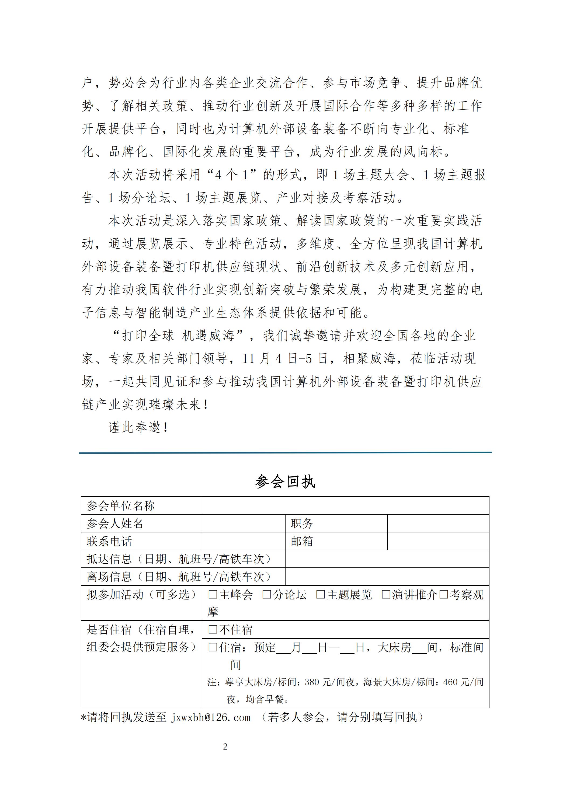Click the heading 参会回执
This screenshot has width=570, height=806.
(285, 481)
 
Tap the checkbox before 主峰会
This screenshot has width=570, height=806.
(213, 595)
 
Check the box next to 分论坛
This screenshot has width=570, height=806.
(267, 595)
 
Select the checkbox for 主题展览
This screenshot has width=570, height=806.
(320, 595)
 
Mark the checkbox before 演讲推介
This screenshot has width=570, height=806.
(386, 595)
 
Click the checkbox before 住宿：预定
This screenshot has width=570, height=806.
(213, 647)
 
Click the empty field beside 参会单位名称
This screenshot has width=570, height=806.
(345, 505)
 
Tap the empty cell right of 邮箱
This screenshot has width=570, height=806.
(438, 541)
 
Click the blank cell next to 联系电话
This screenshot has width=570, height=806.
(244, 541)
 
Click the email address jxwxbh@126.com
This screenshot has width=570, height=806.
(211, 717)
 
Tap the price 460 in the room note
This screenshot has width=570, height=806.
(450, 682)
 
